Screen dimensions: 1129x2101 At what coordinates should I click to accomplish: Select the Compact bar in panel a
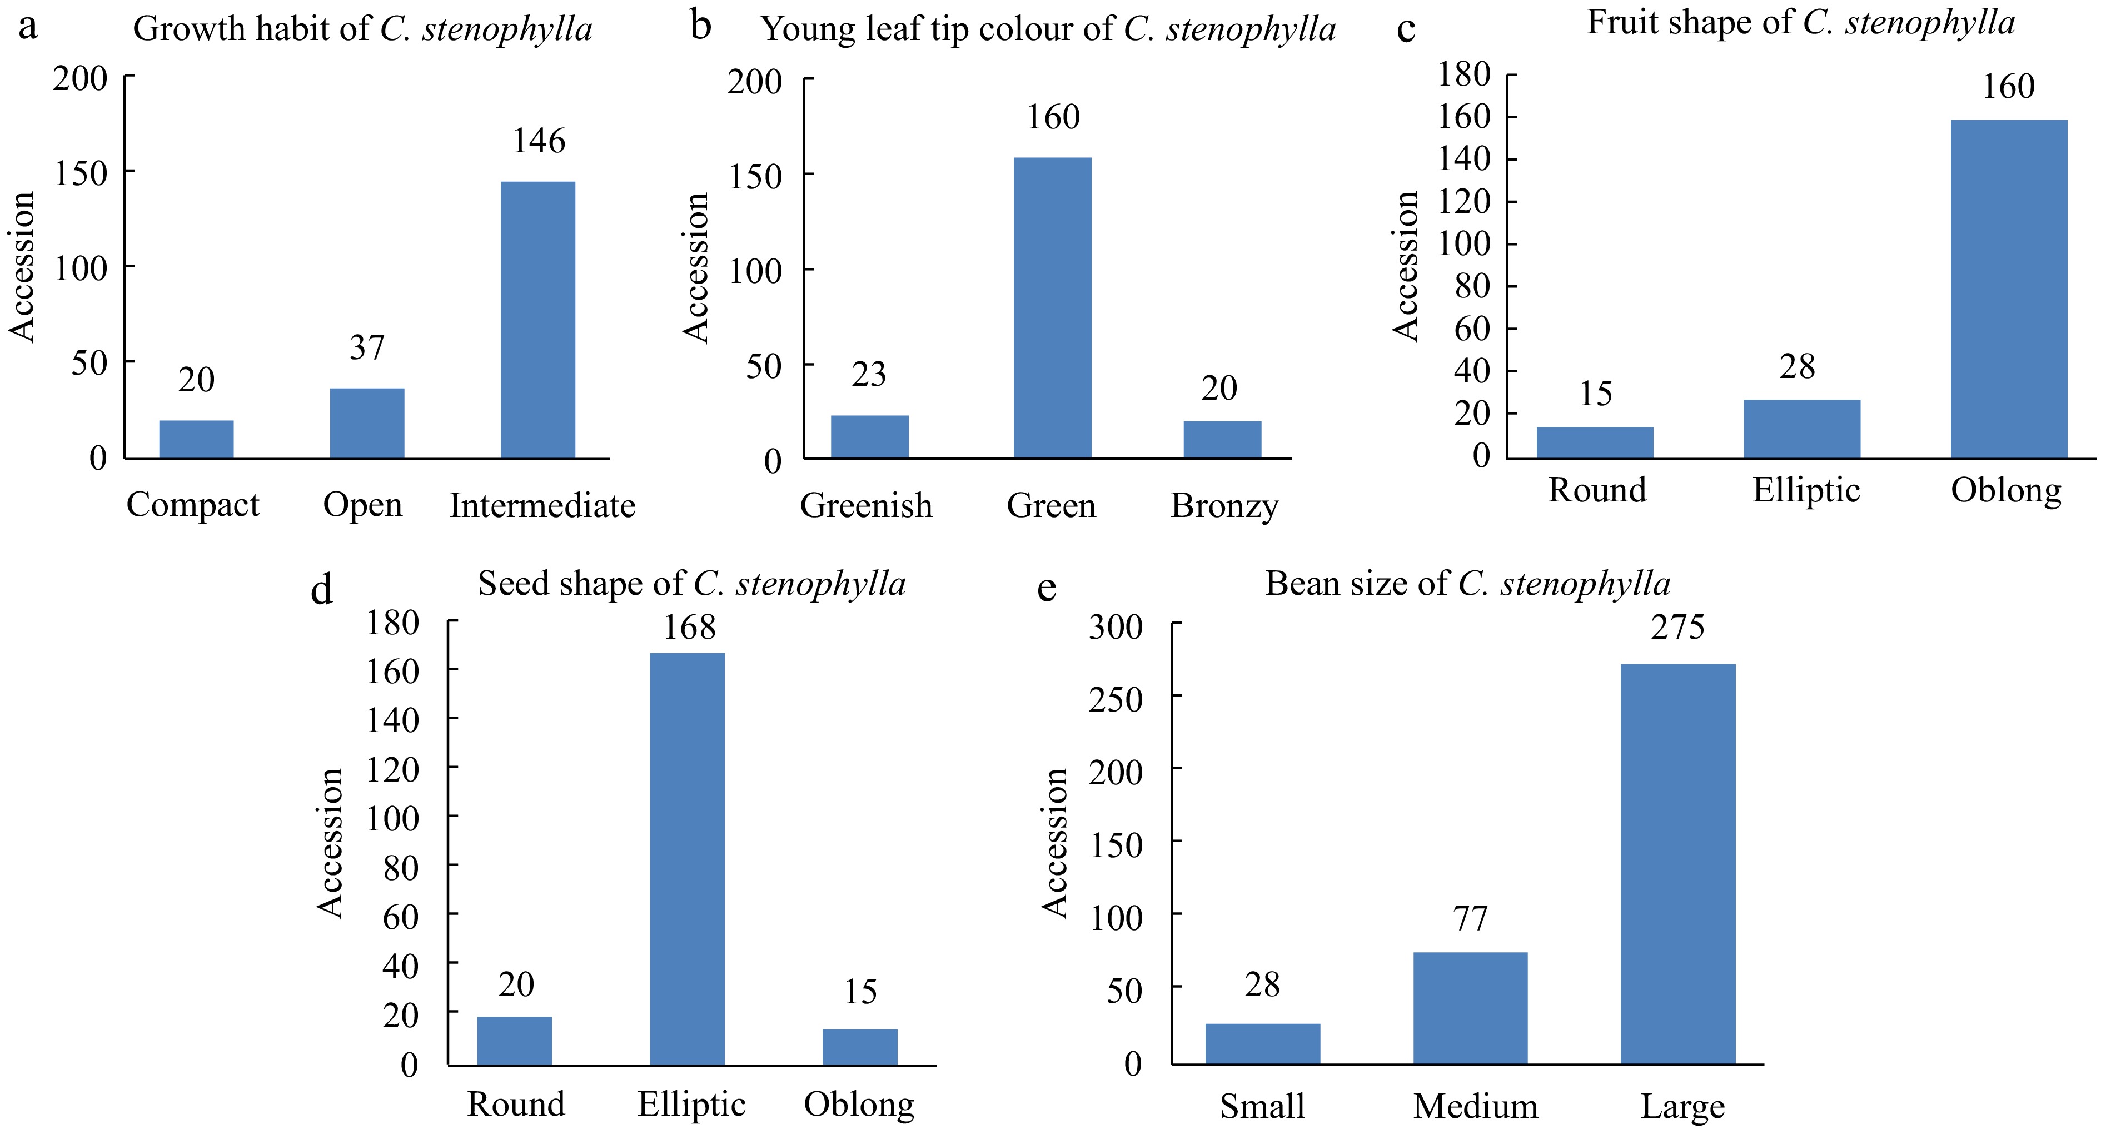tap(197, 439)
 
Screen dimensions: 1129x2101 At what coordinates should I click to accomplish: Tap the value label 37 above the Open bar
tap(366, 349)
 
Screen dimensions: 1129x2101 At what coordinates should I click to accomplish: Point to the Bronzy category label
tap(1224, 506)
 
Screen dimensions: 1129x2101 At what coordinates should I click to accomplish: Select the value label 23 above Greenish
tap(869, 375)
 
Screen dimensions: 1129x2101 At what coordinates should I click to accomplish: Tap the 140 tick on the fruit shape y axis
tap(1464, 158)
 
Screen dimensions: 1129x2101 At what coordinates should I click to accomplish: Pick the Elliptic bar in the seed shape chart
tap(687, 858)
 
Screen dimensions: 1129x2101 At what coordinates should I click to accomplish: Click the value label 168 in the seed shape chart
tap(689, 627)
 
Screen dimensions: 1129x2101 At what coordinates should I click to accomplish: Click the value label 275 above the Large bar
tap(1677, 627)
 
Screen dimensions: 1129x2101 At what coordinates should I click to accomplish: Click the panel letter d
tap(322, 589)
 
